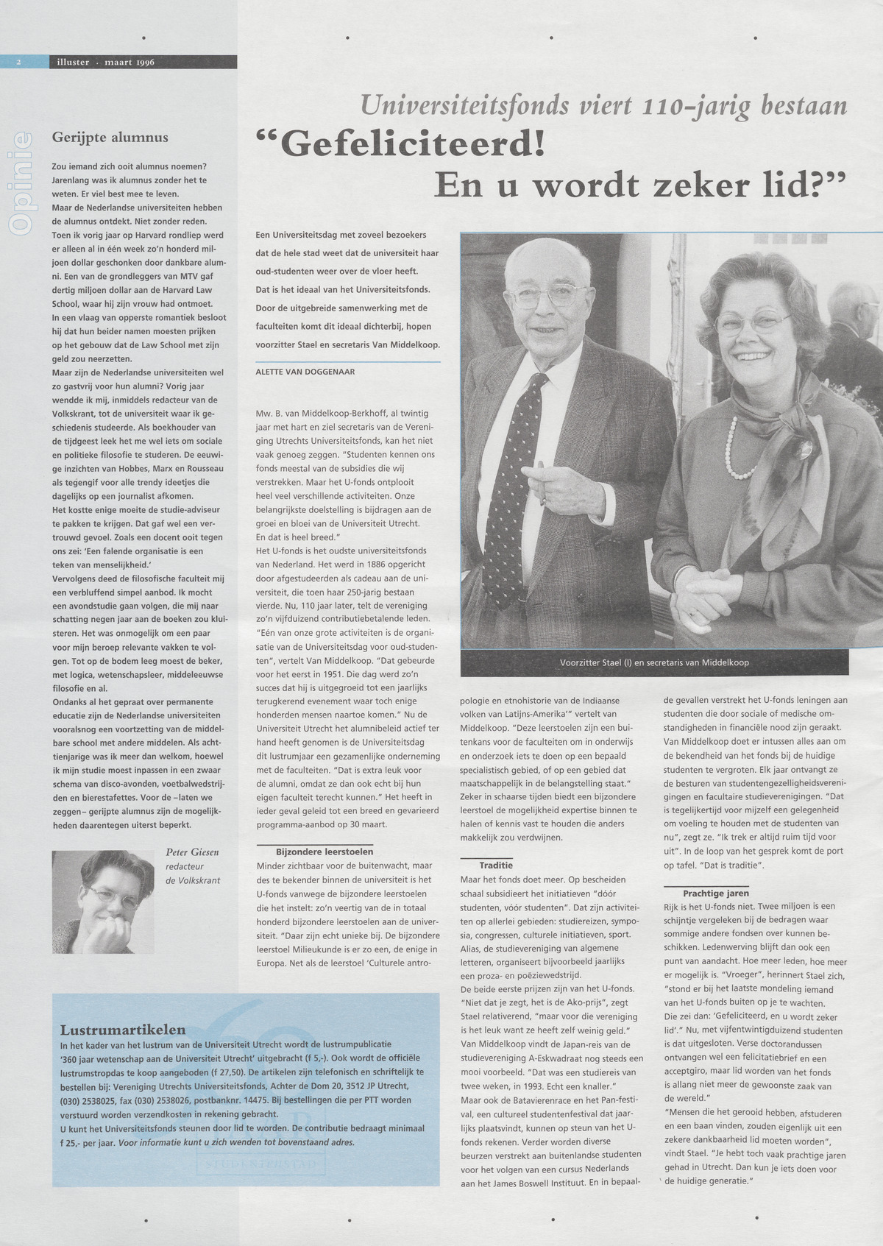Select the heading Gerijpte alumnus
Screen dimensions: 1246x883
(110, 137)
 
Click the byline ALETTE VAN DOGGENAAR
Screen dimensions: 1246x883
(305, 372)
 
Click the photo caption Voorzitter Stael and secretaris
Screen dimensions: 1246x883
(654, 662)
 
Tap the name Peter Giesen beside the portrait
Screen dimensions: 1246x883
(193, 853)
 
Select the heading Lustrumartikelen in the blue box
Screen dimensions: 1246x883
(123, 1030)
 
